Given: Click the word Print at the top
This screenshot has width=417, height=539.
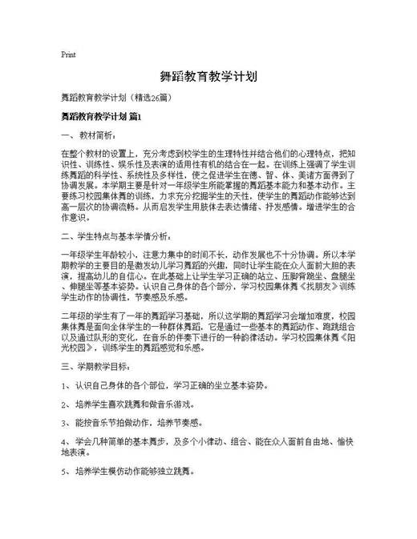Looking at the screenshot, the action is click(x=69, y=55).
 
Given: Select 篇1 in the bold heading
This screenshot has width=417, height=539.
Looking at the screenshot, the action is click(x=134, y=117).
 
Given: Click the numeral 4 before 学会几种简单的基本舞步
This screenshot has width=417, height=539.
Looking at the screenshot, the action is click(x=63, y=441).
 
